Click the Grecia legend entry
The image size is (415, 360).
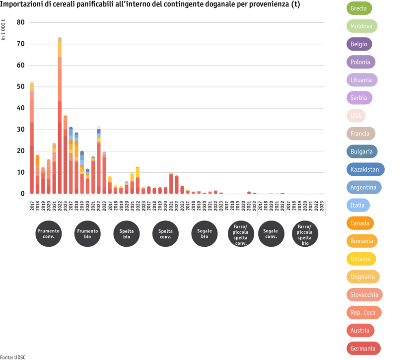click(359, 8)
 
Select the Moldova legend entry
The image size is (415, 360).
click(361, 26)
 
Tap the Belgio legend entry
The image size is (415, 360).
click(359, 44)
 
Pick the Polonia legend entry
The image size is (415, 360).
click(360, 62)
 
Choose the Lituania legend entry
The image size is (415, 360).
click(361, 80)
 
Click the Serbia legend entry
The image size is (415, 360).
click(359, 98)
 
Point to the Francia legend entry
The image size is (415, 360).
click(360, 134)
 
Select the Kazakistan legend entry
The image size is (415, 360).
click(365, 169)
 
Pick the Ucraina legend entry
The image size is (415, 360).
click(361, 259)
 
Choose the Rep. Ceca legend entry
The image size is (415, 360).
click(363, 313)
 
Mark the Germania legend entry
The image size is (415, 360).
click(363, 349)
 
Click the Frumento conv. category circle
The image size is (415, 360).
click(49, 234)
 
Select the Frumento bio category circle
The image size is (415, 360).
click(88, 234)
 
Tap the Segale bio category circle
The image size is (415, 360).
click(205, 234)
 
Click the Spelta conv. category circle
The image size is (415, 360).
click(165, 234)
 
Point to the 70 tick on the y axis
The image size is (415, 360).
click(20, 44)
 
